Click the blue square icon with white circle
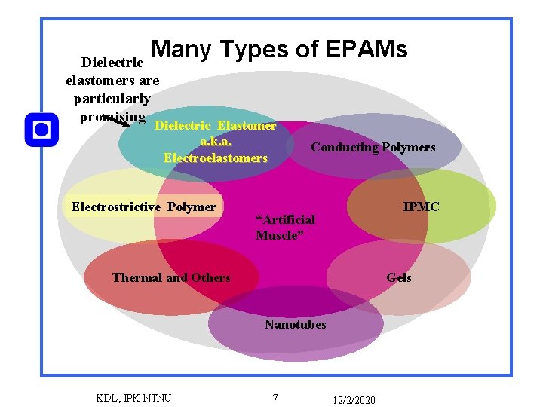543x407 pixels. [x=41, y=130]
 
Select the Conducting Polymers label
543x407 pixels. [x=373, y=148]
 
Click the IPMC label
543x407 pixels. [x=421, y=207]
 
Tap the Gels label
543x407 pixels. [x=399, y=277]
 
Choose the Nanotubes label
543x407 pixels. [x=295, y=324]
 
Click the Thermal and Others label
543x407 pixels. [x=171, y=277]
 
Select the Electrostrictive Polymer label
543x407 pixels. [x=143, y=207]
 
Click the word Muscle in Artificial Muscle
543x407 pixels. [x=278, y=235]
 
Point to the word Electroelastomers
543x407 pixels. [x=215, y=158]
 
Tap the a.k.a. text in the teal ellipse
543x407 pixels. [x=216, y=142]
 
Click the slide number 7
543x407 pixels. [x=275, y=397]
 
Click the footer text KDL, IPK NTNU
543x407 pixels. [x=134, y=397]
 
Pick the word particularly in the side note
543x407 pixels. [x=112, y=99]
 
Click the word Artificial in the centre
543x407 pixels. [x=286, y=219]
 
